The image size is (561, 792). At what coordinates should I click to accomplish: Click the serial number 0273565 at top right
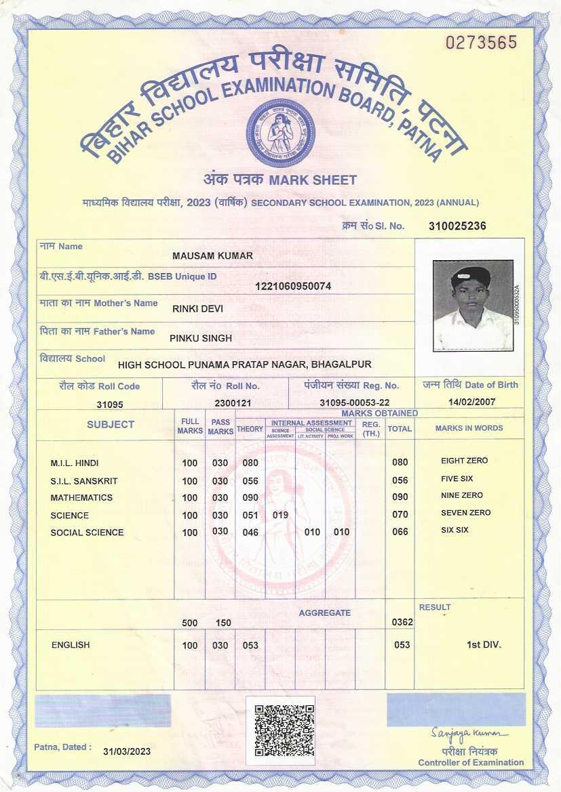click(x=481, y=43)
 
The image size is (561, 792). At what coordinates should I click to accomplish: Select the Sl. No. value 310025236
click(x=458, y=226)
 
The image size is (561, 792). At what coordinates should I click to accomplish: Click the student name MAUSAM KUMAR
click(x=213, y=256)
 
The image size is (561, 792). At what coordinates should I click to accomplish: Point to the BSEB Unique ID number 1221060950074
click(x=293, y=286)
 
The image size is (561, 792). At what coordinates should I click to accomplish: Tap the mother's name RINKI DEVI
click(x=197, y=309)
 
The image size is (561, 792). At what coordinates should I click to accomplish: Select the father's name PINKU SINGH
click(x=201, y=337)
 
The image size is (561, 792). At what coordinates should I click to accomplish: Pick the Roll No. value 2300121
click(x=233, y=403)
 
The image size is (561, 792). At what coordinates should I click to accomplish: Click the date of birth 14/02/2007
click(x=472, y=402)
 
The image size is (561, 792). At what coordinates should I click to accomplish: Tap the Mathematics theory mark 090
click(x=250, y=498)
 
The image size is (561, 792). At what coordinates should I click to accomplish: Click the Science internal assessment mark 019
click(x=281, y=515)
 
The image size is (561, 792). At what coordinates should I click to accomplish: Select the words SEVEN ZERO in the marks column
click(x=465, y=513)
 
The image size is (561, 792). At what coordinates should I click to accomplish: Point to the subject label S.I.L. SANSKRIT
click(x=84, y=481)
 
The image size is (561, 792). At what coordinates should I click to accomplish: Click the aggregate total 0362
click(x=402, y=622)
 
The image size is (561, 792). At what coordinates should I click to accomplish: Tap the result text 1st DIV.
click(x=484, y=644)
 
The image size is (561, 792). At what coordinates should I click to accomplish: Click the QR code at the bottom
click(x=284, y=731)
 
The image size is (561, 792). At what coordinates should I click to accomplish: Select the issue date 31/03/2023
click(x=127, y=751)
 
